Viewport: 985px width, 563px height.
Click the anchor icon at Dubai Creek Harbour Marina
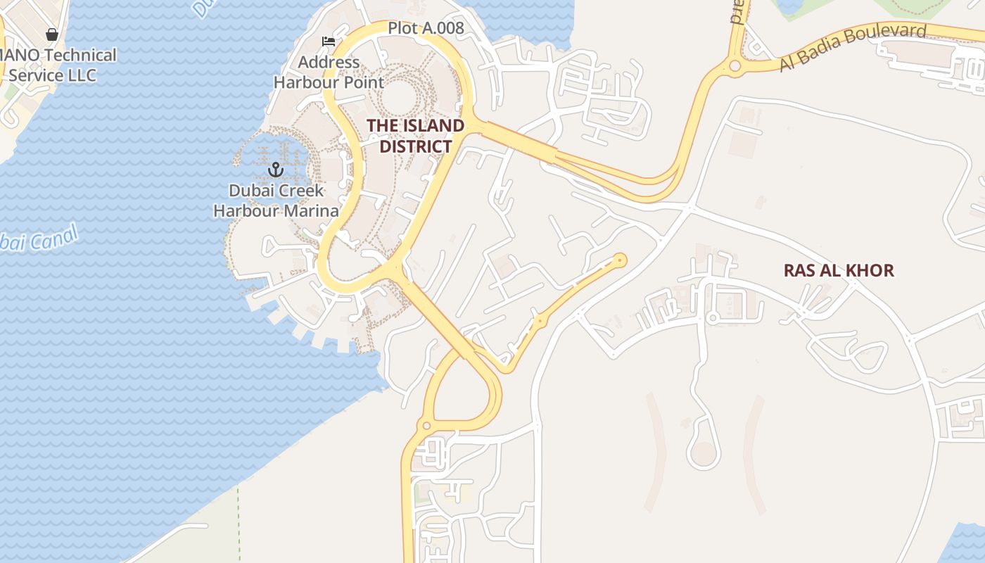coord(275,170)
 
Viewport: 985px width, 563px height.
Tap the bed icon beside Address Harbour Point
coord(328,42)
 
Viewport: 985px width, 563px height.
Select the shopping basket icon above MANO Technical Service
coord(51,34)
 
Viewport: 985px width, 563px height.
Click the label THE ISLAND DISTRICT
coord(415,136)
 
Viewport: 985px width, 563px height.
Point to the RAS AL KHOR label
coord(839,270)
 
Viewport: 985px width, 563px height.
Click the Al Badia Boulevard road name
coord(853,47)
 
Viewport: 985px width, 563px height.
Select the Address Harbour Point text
coord(329,72)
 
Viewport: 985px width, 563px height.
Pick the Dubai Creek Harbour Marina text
coord(276,201)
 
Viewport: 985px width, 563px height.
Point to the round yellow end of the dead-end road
coord(620,260)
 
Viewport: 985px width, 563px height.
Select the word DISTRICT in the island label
coord(415,146)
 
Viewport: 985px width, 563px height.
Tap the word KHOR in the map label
coord(870,270)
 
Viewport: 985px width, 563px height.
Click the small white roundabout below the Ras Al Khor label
coord(712,319)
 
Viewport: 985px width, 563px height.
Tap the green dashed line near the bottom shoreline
coord(239,521)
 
